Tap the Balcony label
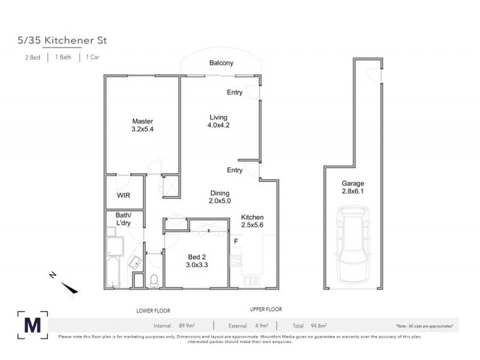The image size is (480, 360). coord(221,63)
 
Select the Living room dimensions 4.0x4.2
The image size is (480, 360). coord(218,125)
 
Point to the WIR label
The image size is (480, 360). coord(123,196)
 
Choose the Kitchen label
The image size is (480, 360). coord(253,217)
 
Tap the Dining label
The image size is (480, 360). coord(220,193)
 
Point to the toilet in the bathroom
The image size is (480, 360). coord(154,279)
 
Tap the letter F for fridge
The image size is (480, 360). coord(236,242)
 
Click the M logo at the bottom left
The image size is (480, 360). coord(33,325)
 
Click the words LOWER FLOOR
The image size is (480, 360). coord(153,310)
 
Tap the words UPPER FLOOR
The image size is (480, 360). coord(266,309)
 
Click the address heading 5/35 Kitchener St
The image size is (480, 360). coord(62,41)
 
